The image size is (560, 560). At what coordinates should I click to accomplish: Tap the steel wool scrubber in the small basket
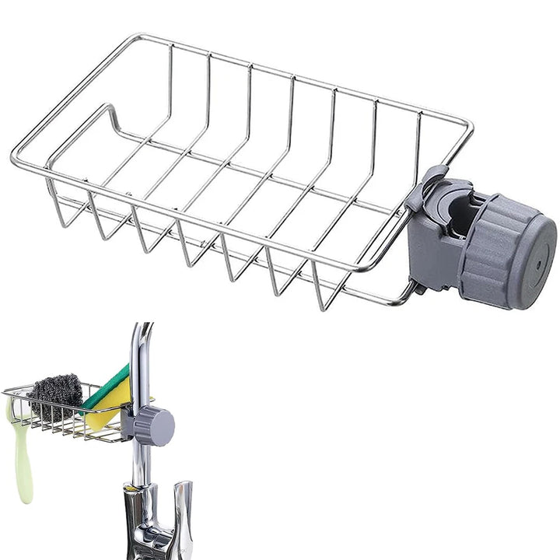[x=56, y=397]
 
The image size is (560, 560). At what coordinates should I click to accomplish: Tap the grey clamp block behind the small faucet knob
[x=128, y=424]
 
